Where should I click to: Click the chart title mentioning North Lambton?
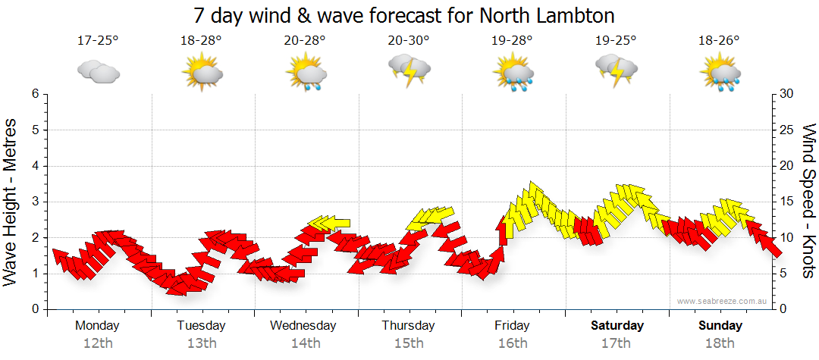tap(403, 15)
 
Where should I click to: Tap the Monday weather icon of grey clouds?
tap(99, 71)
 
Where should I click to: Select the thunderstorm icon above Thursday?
tap(409, 70)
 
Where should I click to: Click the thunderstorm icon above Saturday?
tap(617, 70)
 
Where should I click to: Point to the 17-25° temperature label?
tap(98, 40)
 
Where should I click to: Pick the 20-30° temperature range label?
tap(409, 40)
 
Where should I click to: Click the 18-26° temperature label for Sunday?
tap(720, 40)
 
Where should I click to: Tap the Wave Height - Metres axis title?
tap(11, 202)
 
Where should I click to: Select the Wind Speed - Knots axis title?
tap(808, 202)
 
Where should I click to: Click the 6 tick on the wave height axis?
tap(35, 94)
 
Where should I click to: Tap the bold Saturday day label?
tap(617, 326)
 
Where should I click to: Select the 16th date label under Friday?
tap(513, 343)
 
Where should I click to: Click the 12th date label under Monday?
tap(98, 343)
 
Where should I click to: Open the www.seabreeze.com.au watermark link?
tap(723, 301)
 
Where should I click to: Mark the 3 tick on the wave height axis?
tap(35, 202)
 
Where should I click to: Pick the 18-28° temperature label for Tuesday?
tap(202, 40)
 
